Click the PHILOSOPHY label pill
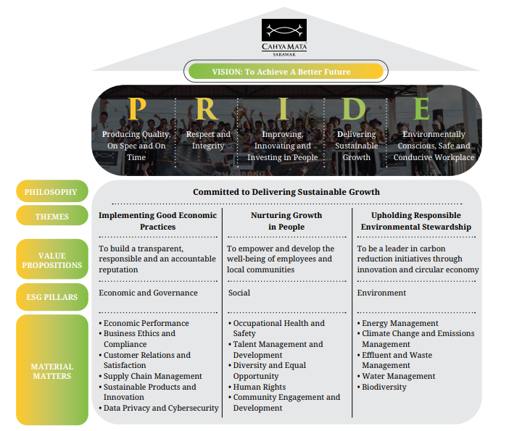click(51, 192)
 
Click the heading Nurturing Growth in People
click(286, 221)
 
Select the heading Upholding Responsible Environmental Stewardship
click(415, 221)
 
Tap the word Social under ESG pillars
click(239, 293)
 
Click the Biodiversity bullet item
click(384, 387)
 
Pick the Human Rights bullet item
click(260, 387)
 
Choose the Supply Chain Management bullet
click(152, 376)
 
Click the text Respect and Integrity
click(208, 140)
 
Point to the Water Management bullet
click(398, 376)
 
